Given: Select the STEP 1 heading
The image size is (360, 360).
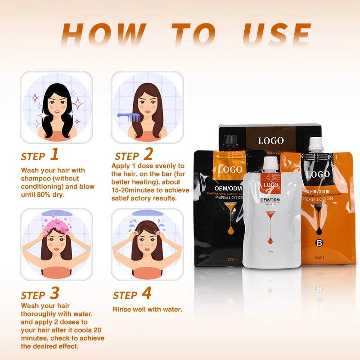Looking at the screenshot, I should click(40, 156).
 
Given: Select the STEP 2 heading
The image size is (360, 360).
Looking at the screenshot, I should click(134, 156).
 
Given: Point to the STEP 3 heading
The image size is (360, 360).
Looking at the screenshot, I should click(40, 294).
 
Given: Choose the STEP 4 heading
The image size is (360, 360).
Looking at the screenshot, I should click(132, 294).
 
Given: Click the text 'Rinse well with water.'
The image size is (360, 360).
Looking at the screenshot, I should click(147, 310).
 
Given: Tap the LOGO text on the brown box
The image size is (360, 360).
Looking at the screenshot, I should click(271, 140).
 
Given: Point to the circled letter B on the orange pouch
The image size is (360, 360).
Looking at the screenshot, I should click(320, 245).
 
